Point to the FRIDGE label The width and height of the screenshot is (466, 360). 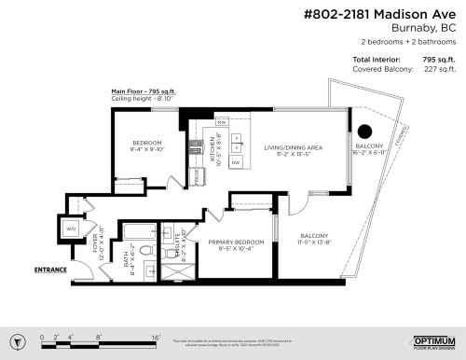198,174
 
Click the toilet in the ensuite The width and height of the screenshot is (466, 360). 170,250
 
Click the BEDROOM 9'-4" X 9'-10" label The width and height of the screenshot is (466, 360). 146,145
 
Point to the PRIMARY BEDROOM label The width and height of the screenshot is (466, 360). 237,244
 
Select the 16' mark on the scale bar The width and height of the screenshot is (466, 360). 157,337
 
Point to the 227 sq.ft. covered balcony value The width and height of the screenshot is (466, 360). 440,68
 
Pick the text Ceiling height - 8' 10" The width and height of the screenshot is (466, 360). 143,98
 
